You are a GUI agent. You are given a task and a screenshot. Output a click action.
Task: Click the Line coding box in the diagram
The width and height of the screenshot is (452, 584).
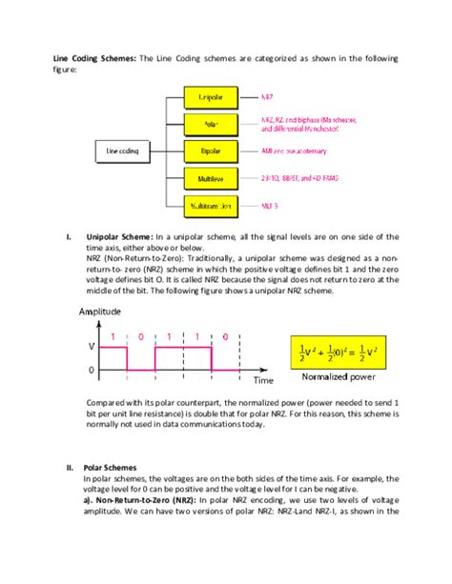coord(125,151)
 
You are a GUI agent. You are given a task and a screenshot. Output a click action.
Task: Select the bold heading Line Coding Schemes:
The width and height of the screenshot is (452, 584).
coord(93,58)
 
